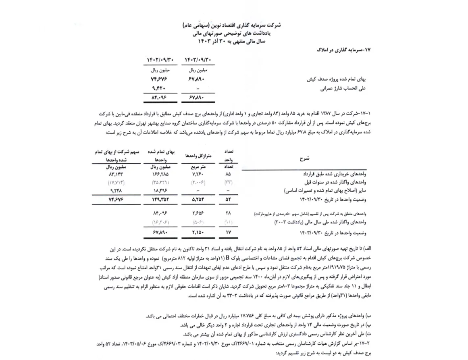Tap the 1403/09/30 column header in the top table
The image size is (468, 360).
click(198, 60)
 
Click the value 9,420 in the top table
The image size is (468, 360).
click(160, 88)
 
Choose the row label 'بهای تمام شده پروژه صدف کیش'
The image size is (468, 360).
click(337, 79)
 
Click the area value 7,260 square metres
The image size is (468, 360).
click(198, 174)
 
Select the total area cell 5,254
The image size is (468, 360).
click(198, 198)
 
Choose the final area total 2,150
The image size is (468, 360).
click(198, 233)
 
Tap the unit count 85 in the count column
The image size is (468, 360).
click(229, 174)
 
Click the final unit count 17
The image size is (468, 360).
click(229, 233)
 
